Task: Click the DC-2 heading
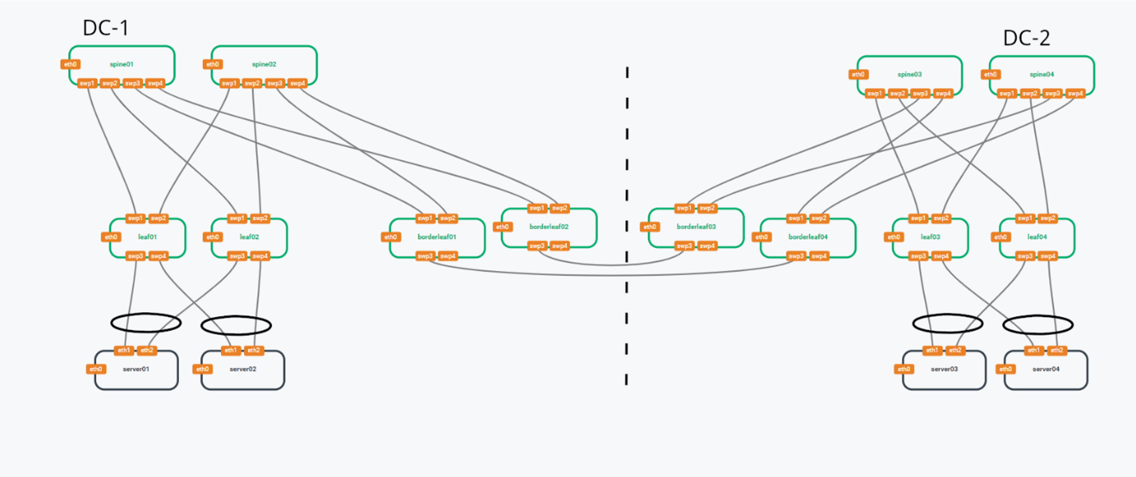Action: [x=1026, y=38]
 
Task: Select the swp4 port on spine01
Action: [x=155, y=83]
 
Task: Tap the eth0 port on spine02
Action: [x=213, y=64]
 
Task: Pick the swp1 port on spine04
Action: [x=1006, y=94]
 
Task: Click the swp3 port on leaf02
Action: [x=237, y=256]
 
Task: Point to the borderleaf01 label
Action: [x=437, y=237]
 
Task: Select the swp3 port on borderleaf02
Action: [x=537, y=246]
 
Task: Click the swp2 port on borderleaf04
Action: [x=818, y=218]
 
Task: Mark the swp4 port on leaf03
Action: [x=941, y=256]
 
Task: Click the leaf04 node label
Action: [x=1037, y=237]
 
